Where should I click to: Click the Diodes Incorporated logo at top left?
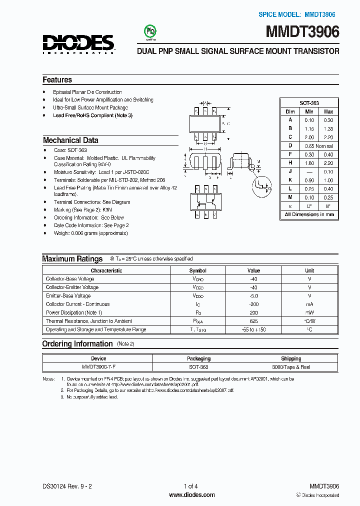click(x=79, y=43)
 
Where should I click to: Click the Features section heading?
click(x=57, y=80)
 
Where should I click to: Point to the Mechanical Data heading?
click(x=70, y=140)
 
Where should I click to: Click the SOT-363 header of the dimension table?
click(x=309, y=102)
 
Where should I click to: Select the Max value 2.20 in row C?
click(x=328, y=137)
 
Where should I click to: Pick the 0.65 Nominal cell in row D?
click(x=319, y=145)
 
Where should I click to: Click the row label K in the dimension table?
click(x=290, y=180)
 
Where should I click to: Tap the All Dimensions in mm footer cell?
click(x=309, y=214)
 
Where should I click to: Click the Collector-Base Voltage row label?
click(x=70, y=278)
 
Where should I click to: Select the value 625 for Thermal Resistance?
click(x=254, y=321)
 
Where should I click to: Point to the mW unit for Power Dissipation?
click(x=309, y=312)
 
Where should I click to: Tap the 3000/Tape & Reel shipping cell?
click(x=290, y=366)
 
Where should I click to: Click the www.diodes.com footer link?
click(x=192, y=494)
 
